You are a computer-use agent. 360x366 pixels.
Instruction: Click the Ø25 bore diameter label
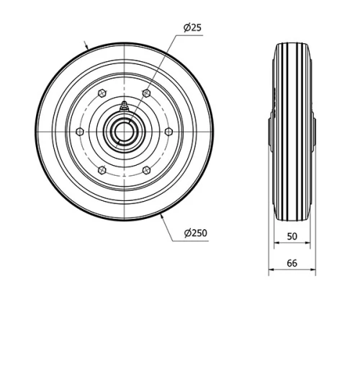(x=192, y=28)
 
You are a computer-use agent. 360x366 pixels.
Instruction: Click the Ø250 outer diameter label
(x=196, y=232)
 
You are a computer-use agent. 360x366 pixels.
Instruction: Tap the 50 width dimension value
(x=292, y=236)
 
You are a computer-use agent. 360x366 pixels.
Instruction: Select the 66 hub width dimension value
(x=292, y=263)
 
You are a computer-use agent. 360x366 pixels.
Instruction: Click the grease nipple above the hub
(x=125, y=106)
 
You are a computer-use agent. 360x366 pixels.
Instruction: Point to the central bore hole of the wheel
(x=125, y=131)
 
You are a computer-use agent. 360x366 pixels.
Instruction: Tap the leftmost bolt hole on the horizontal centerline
(x=80, y=131)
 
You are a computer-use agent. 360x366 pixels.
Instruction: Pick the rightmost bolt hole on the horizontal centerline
(x=169, y=131)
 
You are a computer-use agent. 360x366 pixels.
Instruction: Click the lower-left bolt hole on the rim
(x=102, y=170)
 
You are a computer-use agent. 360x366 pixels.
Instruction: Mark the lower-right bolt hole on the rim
(x=147, y=170)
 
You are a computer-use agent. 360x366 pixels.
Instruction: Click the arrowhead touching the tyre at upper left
(x=89, y=47)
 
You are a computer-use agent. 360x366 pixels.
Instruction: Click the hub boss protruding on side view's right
(x=314, y=132)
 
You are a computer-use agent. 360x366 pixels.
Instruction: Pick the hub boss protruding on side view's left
(x=271, y=132)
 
